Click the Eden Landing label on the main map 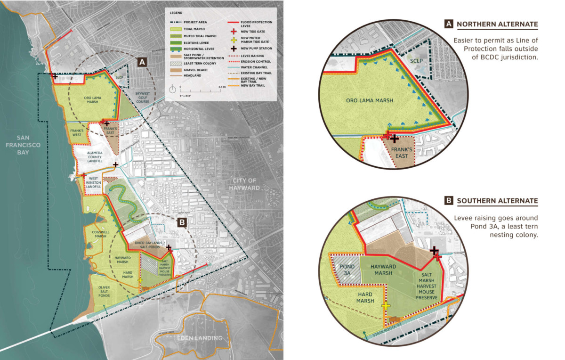point(199,338)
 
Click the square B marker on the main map point(181,224)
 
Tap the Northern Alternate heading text point(497,25)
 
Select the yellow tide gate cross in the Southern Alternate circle point(386,305)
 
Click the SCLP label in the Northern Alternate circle point(415,62)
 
